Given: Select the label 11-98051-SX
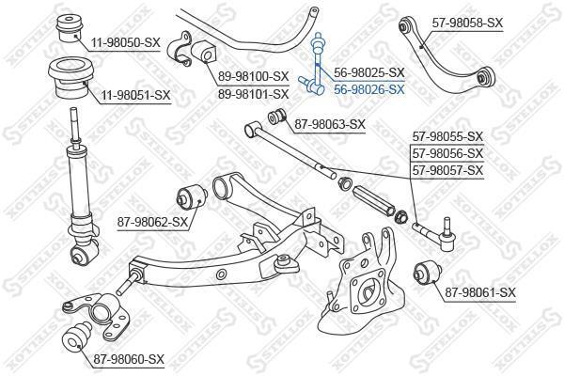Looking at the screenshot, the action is click(x=135, y=95).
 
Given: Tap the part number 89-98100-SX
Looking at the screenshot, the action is click(x=254, y=76).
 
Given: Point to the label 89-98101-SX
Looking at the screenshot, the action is click(x=254, y=94).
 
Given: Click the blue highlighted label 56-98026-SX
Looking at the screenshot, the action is click(x=369, y=89).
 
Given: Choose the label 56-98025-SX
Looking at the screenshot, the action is click(x=369, y=72).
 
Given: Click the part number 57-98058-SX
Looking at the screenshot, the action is click(x=467, y=23).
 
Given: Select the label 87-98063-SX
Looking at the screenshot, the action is click(x=330, y=124).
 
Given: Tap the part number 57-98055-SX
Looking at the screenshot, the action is click(x=447, y=136).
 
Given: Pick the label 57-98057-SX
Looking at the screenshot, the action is click(x=447, y=170).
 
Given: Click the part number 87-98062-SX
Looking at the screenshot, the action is click(x=152, y=223).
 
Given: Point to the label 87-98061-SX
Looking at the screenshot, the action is click(x=480, y=292).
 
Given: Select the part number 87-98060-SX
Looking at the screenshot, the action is click(x=129, y=359).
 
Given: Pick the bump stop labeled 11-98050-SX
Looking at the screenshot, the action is click(x=70, y=28).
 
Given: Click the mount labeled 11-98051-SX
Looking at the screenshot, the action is click(x=70, y=78).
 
